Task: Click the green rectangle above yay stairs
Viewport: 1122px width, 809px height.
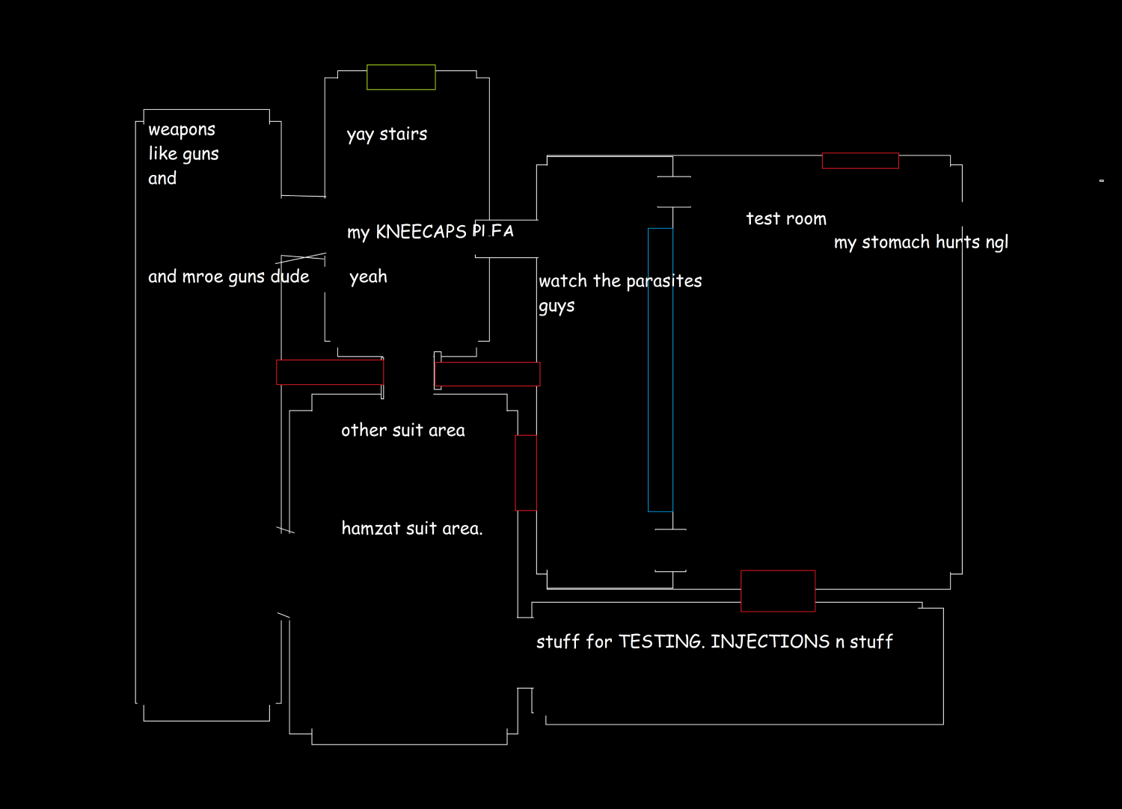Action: (x=401, y=77)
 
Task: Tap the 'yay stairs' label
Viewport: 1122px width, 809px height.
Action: (x=387, y=135)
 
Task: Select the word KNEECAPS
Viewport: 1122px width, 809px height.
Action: (x=421, y=232)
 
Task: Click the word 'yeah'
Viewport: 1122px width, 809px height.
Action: (x=368, y=277)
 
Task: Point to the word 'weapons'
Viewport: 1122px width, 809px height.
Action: (x=182, y=130)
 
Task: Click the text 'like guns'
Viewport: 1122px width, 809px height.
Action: (x=183, y=154)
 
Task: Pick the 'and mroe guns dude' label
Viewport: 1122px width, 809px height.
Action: (x=228, y=277)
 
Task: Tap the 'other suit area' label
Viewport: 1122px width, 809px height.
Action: (x=402, y=431)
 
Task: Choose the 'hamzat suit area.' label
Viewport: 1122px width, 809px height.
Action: (x=411, y=529)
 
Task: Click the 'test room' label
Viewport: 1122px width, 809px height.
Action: (x=786, y=219)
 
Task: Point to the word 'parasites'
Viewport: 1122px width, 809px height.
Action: (x=663, y=282)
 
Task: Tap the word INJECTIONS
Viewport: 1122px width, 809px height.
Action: (x=770, y=642)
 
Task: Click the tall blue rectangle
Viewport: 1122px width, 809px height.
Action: (x=660, y=370)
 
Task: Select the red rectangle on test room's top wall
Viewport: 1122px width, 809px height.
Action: (x=860, y=161)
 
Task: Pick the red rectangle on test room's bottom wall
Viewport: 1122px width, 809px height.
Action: (x=778, y=591)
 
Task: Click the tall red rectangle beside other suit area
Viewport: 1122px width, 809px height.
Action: (x=526, y=473)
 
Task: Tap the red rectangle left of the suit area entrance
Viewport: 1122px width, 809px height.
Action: (x=330, y=372)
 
